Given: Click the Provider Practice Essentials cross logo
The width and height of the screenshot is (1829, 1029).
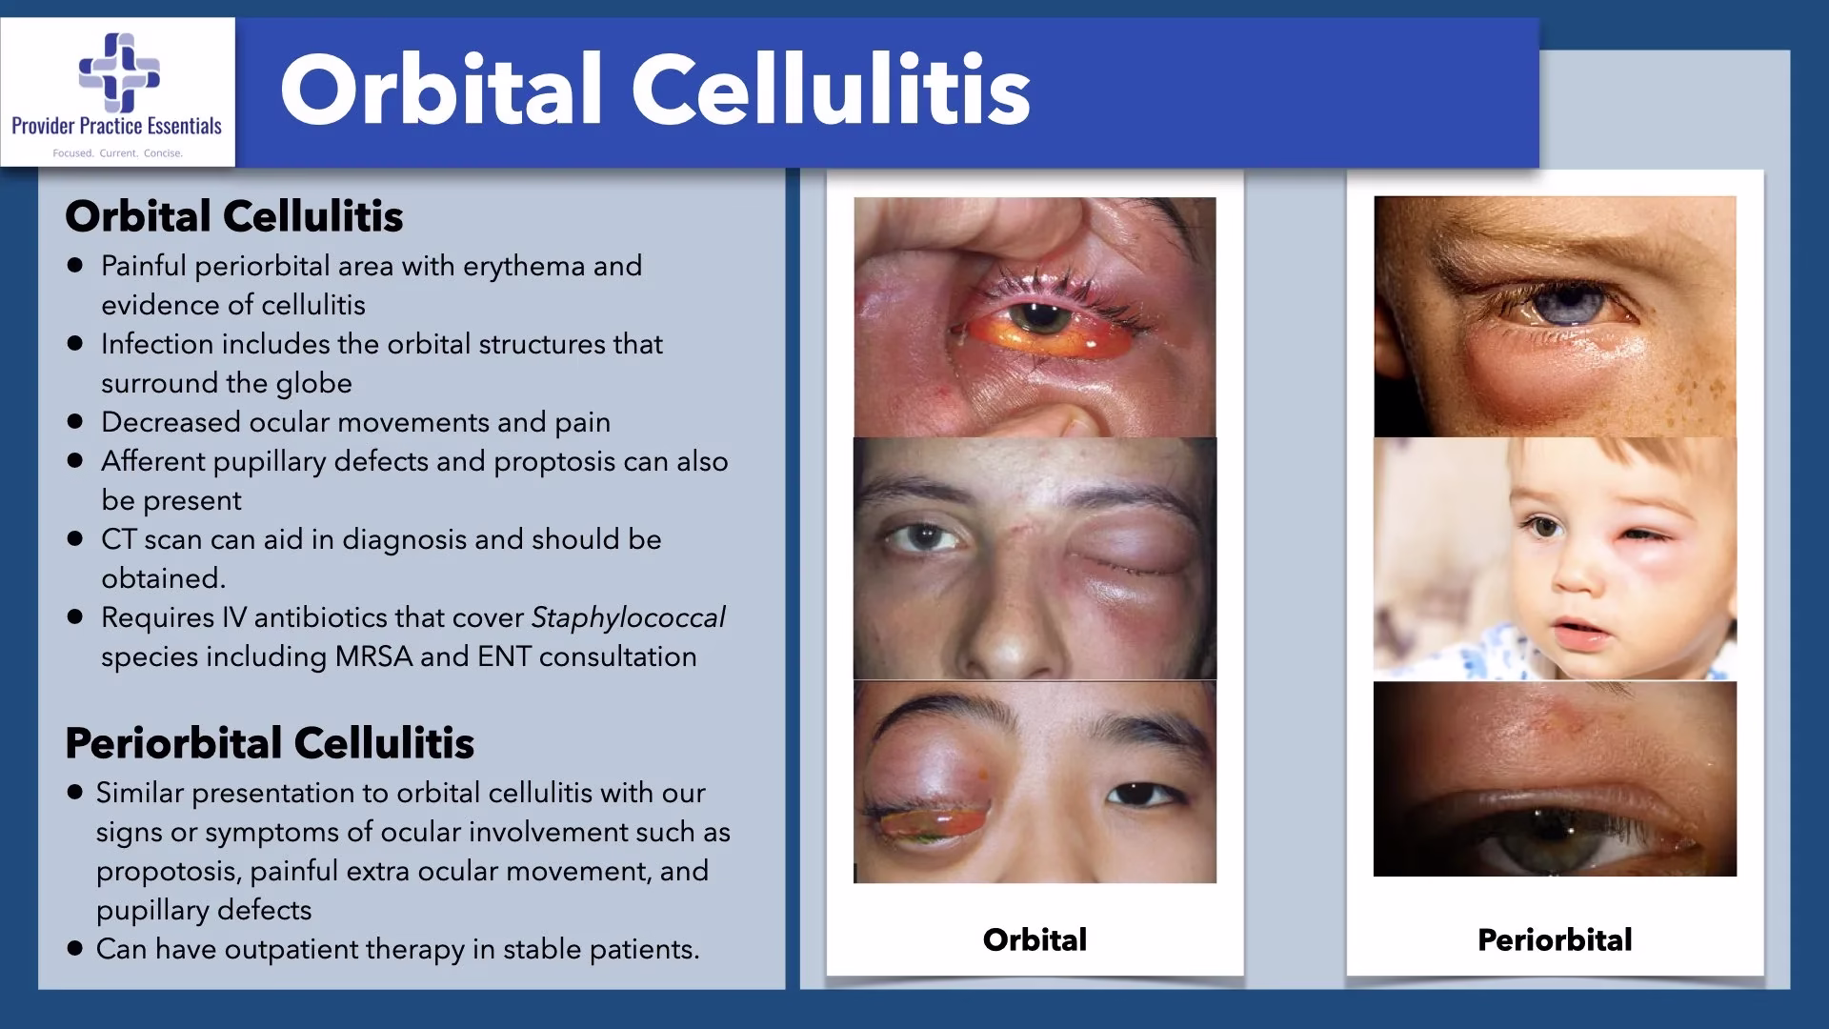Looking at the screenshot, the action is (119, 72).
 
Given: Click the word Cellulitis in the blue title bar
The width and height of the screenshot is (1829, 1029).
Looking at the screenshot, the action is (831, 90).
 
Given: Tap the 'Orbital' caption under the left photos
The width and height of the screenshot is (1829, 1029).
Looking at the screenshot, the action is (1035, 939).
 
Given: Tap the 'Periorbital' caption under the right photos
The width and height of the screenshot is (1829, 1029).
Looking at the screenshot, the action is (1555, 939).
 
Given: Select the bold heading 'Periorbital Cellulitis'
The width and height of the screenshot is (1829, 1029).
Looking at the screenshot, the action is (270, 743).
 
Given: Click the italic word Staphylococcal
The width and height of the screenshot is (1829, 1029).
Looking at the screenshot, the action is (628, 618).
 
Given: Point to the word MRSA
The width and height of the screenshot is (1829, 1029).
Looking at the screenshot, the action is (373, 656).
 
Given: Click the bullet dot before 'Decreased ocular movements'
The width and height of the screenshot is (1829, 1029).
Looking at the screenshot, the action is (75, 421).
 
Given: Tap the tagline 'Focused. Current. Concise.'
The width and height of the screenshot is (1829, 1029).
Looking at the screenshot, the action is (117, 153).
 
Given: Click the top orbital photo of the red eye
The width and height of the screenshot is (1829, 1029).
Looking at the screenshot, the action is (1035, 317).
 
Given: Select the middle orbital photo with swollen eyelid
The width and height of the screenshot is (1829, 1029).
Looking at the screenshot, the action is (1035, 558).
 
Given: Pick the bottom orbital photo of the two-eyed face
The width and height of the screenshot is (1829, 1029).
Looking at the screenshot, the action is (1035, 782).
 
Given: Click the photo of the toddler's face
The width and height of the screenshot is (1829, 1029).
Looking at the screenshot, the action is (1555, 559).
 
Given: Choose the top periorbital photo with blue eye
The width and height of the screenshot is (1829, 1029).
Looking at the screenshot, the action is (1555, 316).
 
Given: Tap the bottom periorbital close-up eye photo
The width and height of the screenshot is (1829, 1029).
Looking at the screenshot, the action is (1555, 778).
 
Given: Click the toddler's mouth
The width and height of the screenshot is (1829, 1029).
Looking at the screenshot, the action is (1575, 631).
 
